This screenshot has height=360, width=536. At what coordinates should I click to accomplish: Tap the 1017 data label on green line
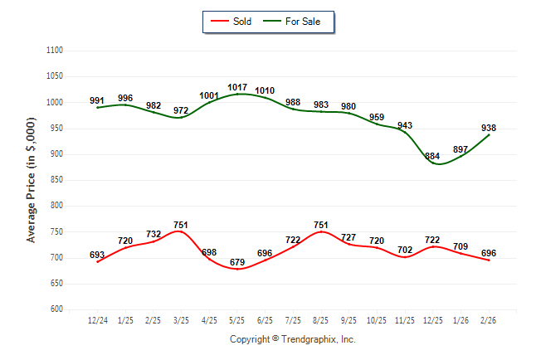237,87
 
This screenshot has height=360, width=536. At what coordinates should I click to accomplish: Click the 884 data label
432,156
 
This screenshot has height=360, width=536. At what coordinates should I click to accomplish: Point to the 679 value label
237,263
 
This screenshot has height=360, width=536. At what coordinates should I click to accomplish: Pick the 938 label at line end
489,128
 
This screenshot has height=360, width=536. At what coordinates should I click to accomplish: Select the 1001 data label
209,95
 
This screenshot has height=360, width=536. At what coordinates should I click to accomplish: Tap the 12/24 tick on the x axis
97,320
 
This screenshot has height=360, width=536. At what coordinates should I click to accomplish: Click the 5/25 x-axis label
237,320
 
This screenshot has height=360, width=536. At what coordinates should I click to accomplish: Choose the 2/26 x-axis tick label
489,320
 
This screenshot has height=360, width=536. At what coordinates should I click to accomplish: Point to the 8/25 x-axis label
321,320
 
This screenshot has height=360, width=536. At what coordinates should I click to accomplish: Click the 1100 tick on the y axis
55,51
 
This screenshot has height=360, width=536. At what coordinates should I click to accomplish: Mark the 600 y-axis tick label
56,309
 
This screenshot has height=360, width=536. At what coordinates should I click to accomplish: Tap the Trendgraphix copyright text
292,339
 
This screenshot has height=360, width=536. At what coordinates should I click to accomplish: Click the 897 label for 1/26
460,149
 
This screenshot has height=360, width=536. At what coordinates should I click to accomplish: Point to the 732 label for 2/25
153,235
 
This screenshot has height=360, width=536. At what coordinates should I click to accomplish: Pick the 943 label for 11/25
405,126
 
